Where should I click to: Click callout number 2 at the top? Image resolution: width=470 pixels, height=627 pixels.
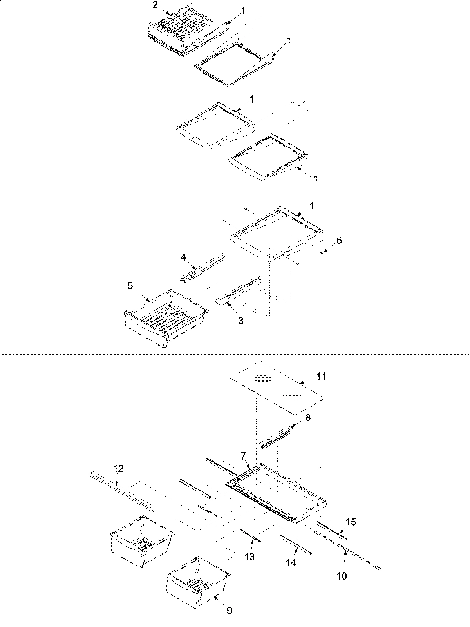click(155, 5)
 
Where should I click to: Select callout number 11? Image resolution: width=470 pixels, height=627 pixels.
click(322, 376)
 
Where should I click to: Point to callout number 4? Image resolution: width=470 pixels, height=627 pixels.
click(183, 257)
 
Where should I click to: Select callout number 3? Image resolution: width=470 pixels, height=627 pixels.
click(240, 321)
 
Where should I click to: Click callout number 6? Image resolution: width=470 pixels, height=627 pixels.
click(339, 240)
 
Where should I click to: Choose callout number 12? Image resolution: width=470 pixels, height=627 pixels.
click(119, 468)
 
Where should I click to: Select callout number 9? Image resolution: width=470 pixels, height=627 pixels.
click(230, 610)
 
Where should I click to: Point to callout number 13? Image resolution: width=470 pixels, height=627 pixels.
click(249, 556)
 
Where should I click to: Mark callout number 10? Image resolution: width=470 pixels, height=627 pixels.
click(342, 576)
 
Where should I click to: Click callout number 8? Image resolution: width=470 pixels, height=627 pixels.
click(308, 418)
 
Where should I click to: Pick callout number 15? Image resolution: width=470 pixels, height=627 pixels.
click(351, 522)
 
